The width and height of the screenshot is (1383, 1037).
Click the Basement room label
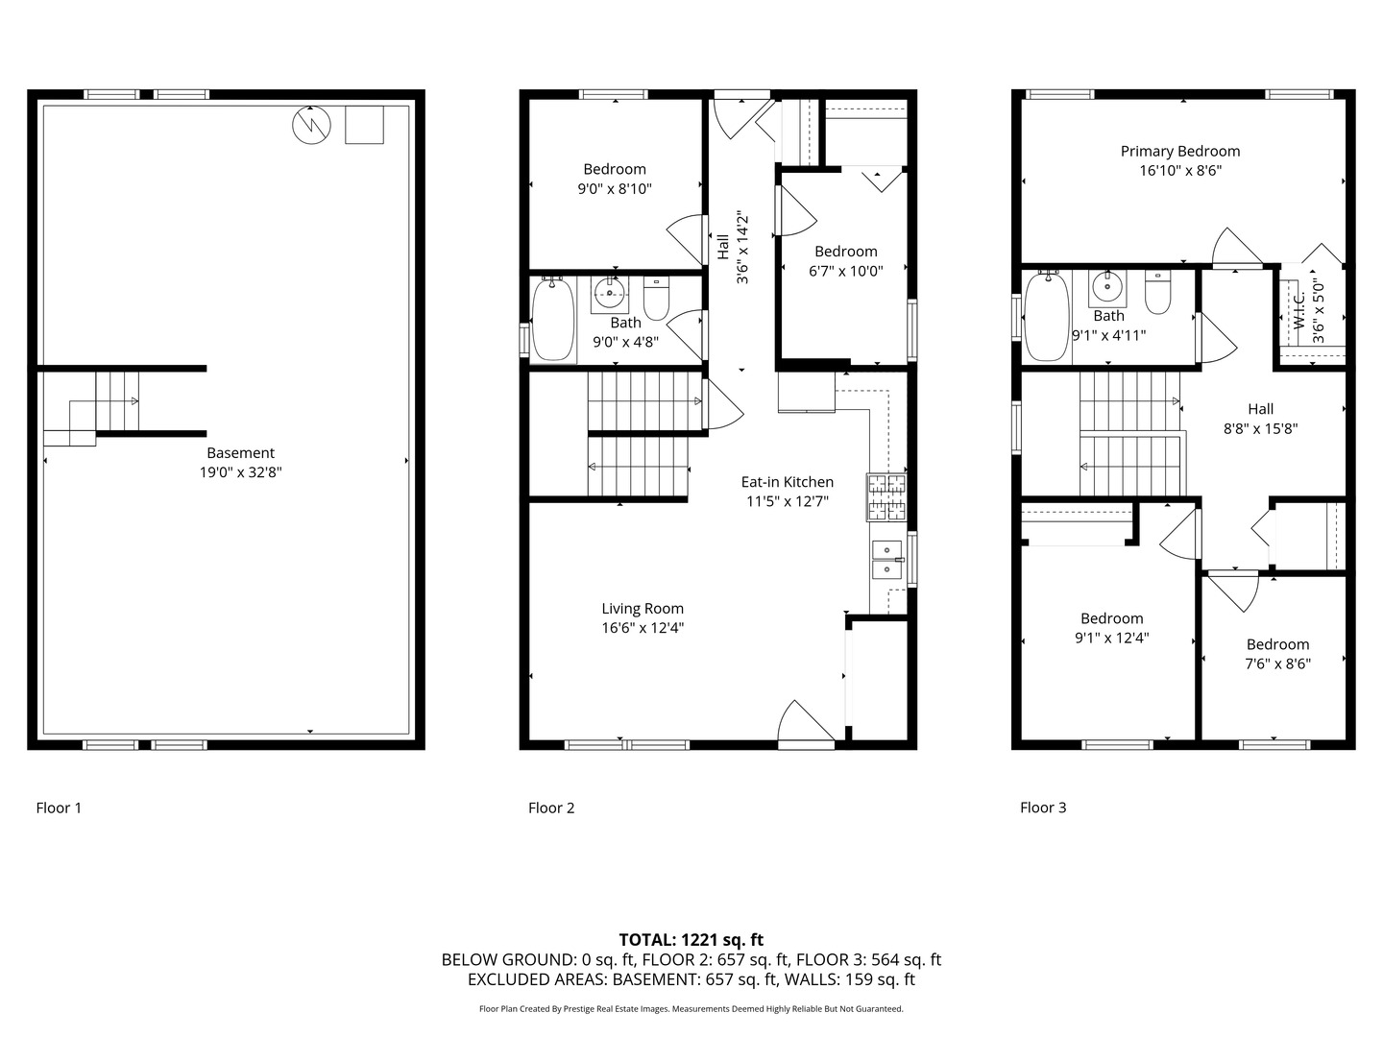[x=240, y=453]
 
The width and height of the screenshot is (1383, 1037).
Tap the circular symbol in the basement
[x=311, y=125]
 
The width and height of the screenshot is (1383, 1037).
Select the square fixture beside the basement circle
[x=364, y=125]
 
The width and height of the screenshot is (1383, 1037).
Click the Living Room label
[x=643, y=608]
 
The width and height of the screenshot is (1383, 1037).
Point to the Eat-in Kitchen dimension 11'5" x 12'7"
[x=787, y=501]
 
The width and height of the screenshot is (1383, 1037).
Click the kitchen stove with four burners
[x=887, y=496]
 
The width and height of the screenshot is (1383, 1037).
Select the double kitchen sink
[x=887, y=560]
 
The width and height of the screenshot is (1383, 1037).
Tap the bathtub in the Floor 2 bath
[x=553, y=320]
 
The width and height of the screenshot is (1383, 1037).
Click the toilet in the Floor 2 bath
[x=656, y=299]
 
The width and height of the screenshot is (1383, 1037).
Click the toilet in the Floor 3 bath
[x=1158, y=293]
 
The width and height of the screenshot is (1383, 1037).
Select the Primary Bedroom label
[x=1180, y=151]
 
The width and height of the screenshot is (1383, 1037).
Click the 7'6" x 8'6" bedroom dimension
[x=1277, y=663]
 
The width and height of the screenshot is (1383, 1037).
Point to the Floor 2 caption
[x=551, y=808]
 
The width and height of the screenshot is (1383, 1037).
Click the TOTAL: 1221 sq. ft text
[x=691, y=940]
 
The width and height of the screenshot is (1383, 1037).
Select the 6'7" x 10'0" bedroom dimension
[x=845, y=271]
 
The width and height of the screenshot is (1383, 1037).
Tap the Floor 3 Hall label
[x=1260, y=409]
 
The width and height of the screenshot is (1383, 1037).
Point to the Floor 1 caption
[x=59, y=808]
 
